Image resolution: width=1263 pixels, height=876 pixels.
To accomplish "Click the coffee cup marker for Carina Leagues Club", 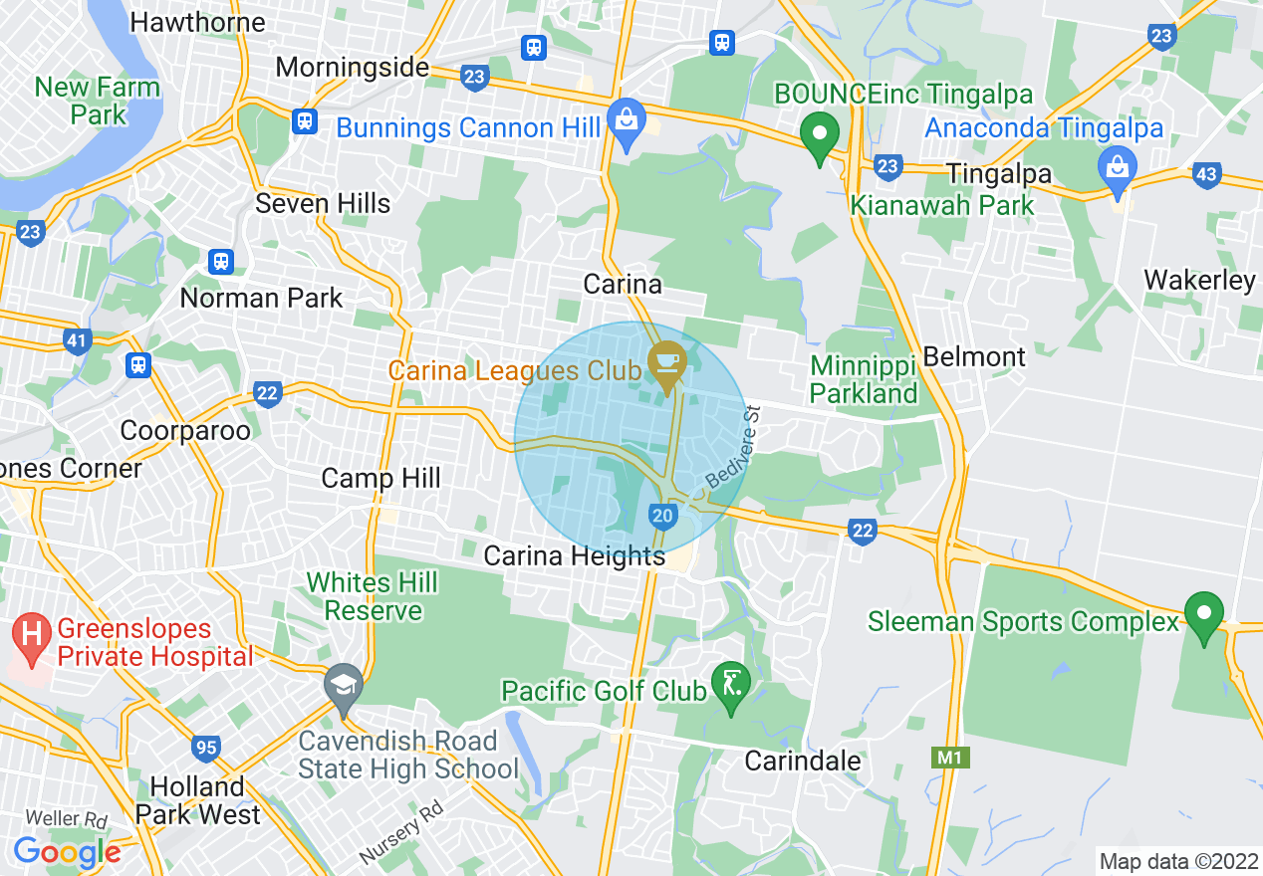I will click(665, 363).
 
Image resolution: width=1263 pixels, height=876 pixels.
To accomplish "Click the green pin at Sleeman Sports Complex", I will click(1203, 614).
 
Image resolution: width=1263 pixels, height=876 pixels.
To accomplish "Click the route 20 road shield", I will click(663, 515).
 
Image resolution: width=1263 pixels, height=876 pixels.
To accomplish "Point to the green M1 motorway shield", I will click(950, 758).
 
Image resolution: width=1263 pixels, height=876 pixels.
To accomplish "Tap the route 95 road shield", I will click(206, 748).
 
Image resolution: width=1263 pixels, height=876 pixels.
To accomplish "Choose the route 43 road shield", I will click(1206, 175).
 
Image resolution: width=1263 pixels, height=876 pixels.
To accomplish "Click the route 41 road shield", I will click(77, 341).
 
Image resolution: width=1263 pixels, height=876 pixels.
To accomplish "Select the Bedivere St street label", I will click(733, 447).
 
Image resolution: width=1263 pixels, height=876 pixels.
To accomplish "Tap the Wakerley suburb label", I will click(1199, 280).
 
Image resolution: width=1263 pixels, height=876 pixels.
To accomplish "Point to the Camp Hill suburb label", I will click(380, 478).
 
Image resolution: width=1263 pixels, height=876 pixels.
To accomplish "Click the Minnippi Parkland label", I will click(863, 379).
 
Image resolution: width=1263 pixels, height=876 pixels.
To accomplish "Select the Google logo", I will click(67, 852).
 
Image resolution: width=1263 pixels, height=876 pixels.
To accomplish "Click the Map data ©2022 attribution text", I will click(1176, 860).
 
